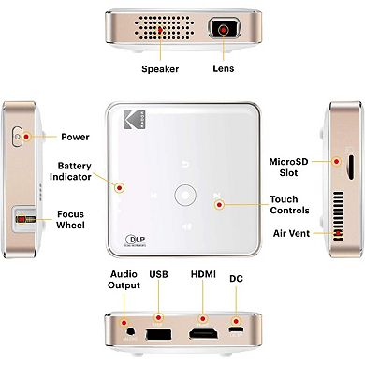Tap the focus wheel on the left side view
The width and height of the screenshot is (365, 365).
point(18,222)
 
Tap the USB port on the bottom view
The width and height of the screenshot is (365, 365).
point(157,333)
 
